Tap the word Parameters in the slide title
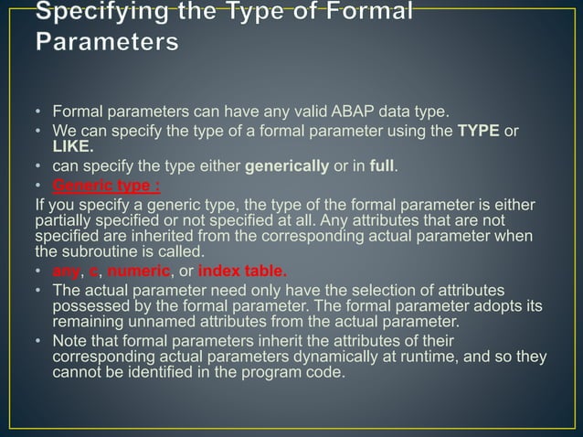point(107,42)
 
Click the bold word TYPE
point(479,132)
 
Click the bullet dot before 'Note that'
point(38,342)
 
